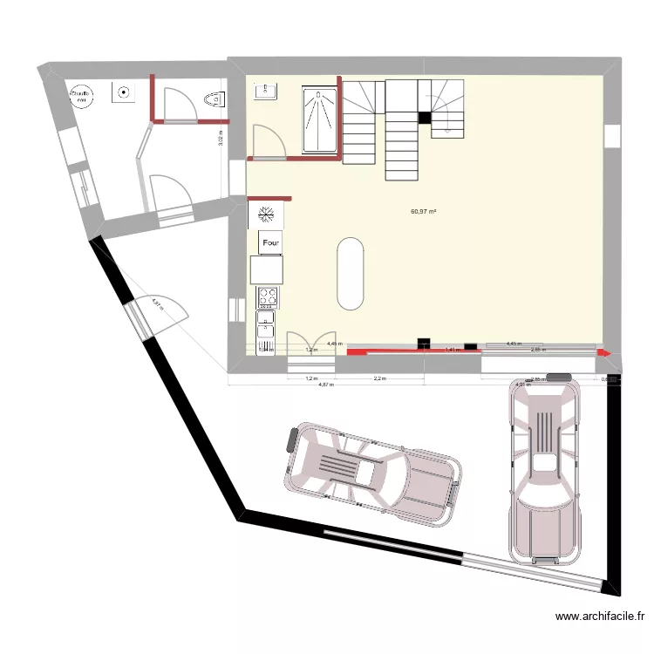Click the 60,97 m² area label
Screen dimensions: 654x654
[423, 211]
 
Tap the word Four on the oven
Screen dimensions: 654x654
[270, 242]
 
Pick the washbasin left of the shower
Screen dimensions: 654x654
[265, 91]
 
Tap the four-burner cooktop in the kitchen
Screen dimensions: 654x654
[268, 298]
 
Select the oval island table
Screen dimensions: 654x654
[351, 272]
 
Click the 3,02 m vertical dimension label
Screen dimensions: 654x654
[221, 135]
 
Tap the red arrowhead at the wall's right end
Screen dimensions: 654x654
[603, 354]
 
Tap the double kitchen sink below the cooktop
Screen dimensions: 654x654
[265, 328]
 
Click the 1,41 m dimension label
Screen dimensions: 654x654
[452, 350]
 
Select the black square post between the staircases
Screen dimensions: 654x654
[425, 118]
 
